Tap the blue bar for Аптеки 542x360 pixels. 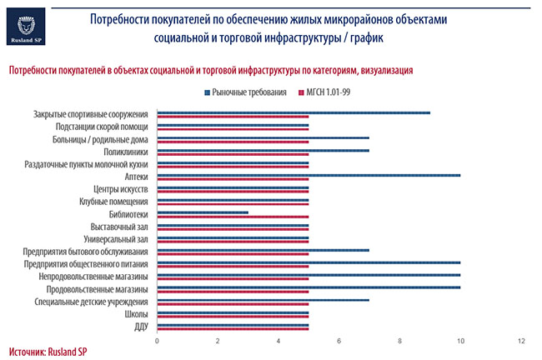(309, 175)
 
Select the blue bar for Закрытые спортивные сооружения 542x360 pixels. (294, 112)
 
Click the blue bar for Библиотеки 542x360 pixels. (203, 212)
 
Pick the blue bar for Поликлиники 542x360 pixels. (263, 150)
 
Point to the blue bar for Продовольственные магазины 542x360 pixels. (309, 287)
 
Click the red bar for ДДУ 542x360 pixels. (233, 328)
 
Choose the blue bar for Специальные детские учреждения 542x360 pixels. (263, 300)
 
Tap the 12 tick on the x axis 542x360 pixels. (521, 341)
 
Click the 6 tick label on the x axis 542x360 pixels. (339, 341)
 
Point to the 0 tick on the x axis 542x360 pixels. (158, 341)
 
